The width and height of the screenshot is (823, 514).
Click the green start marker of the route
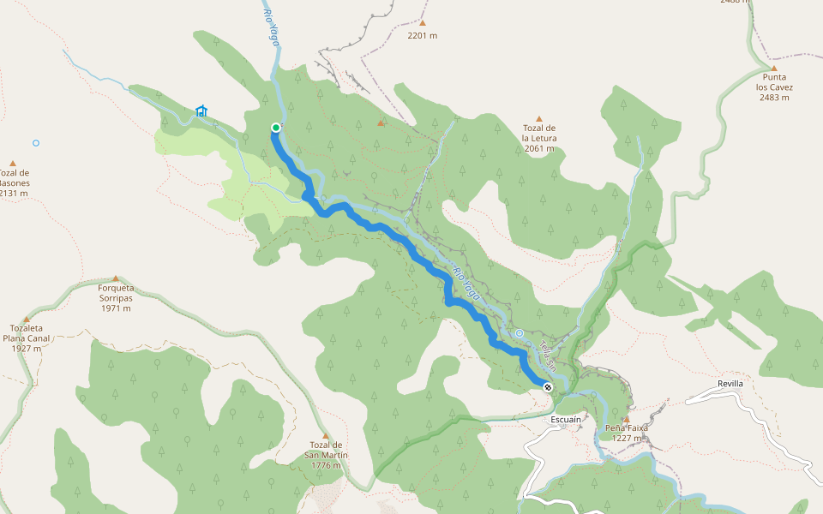tap(276, 128)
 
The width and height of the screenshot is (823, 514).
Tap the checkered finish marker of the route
tap(548, 387)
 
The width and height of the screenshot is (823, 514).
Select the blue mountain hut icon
tap(201, 111)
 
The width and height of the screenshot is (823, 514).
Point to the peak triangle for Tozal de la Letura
tap(539, 119)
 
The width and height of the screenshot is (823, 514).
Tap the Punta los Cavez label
tap(773, 87)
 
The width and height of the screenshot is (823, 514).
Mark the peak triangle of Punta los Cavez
tap(773, 69)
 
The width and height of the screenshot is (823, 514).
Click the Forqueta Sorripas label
tap(116, 293)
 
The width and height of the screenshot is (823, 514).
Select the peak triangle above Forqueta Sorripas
tap(116, 278)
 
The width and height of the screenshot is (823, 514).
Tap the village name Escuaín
tap(567, 420)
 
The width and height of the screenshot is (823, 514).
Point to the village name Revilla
tap(731, 383)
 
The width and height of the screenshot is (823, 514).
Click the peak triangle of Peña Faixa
tap(626, 419)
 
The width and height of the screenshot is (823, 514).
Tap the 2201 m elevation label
tap(423, 36)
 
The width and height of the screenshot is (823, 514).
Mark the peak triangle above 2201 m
tap(423, 23)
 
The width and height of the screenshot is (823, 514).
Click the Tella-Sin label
tap(548, 356)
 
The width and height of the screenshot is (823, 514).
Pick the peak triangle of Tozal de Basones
tap(13, 163)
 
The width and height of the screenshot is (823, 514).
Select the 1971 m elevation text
tap(116, 308)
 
